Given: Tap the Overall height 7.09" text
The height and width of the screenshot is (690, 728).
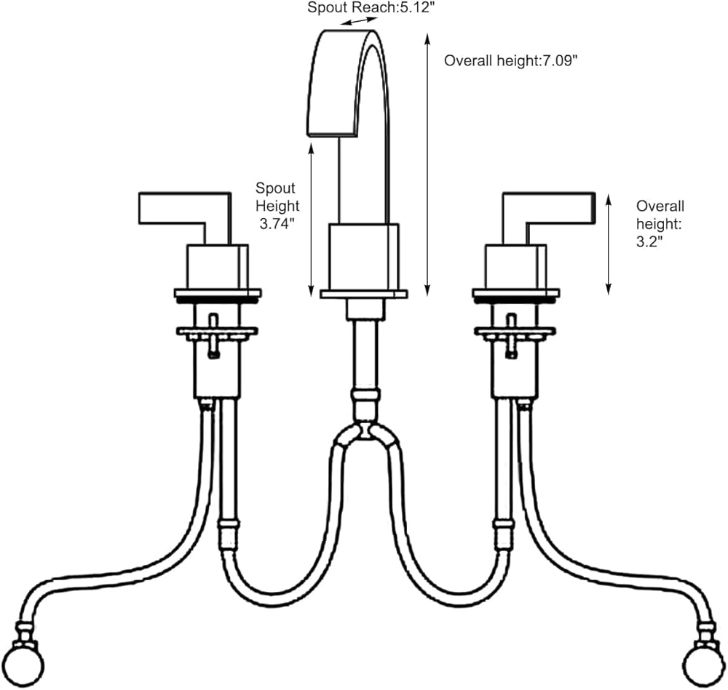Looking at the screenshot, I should [510, 61].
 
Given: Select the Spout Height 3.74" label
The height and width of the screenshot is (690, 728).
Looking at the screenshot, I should [277, 206].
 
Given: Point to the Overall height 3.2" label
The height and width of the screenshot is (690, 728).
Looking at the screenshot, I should [660, 224].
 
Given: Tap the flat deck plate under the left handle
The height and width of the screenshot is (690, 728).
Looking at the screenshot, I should [218, 294].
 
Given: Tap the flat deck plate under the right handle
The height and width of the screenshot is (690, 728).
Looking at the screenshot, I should [515, 294].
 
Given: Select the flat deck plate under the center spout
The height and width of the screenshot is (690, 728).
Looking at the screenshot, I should [364, 294].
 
